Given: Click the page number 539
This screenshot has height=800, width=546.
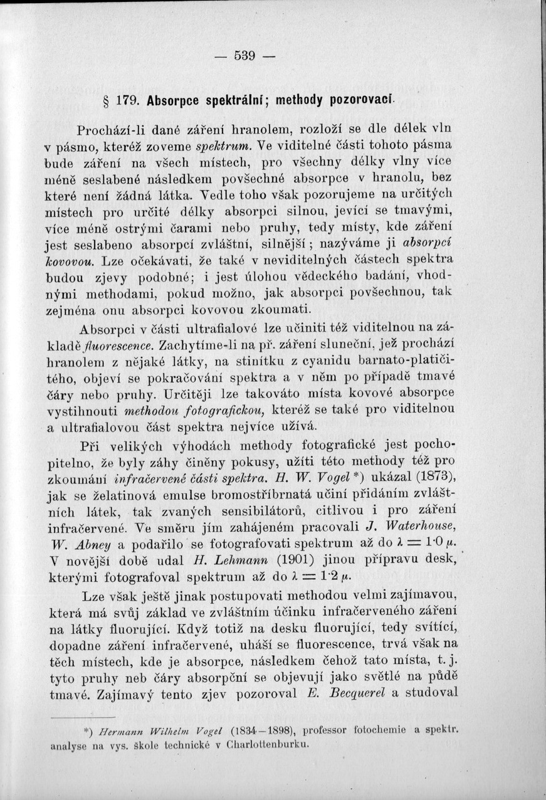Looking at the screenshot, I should [244, 56].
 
